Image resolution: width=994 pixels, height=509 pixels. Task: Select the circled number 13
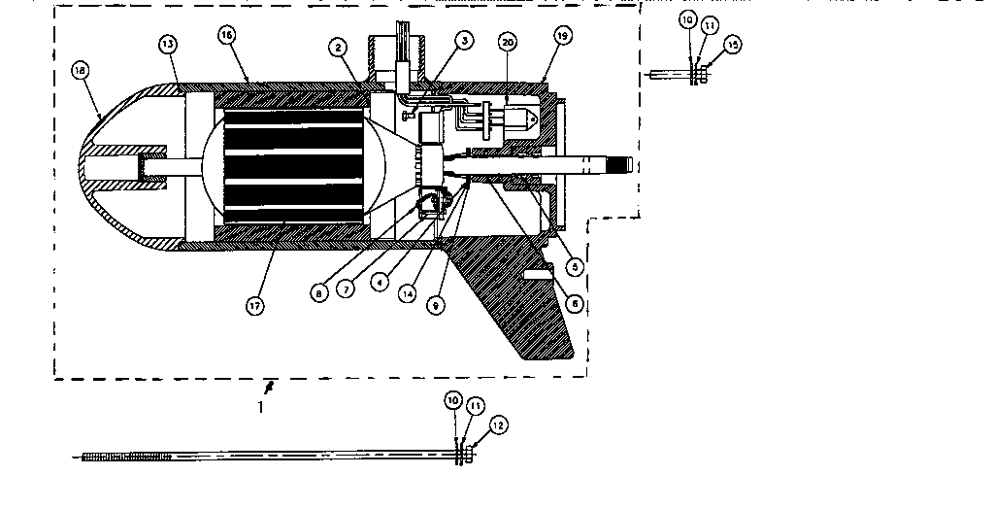click(x=169, y=45)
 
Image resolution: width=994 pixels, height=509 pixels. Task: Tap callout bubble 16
click(x=227, y=34)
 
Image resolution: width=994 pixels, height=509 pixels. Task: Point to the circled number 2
click(x=337, y=46)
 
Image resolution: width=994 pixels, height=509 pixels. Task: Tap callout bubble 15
click(x=732, y=45)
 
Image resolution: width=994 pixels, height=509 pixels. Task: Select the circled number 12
click(x=498, y=424)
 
